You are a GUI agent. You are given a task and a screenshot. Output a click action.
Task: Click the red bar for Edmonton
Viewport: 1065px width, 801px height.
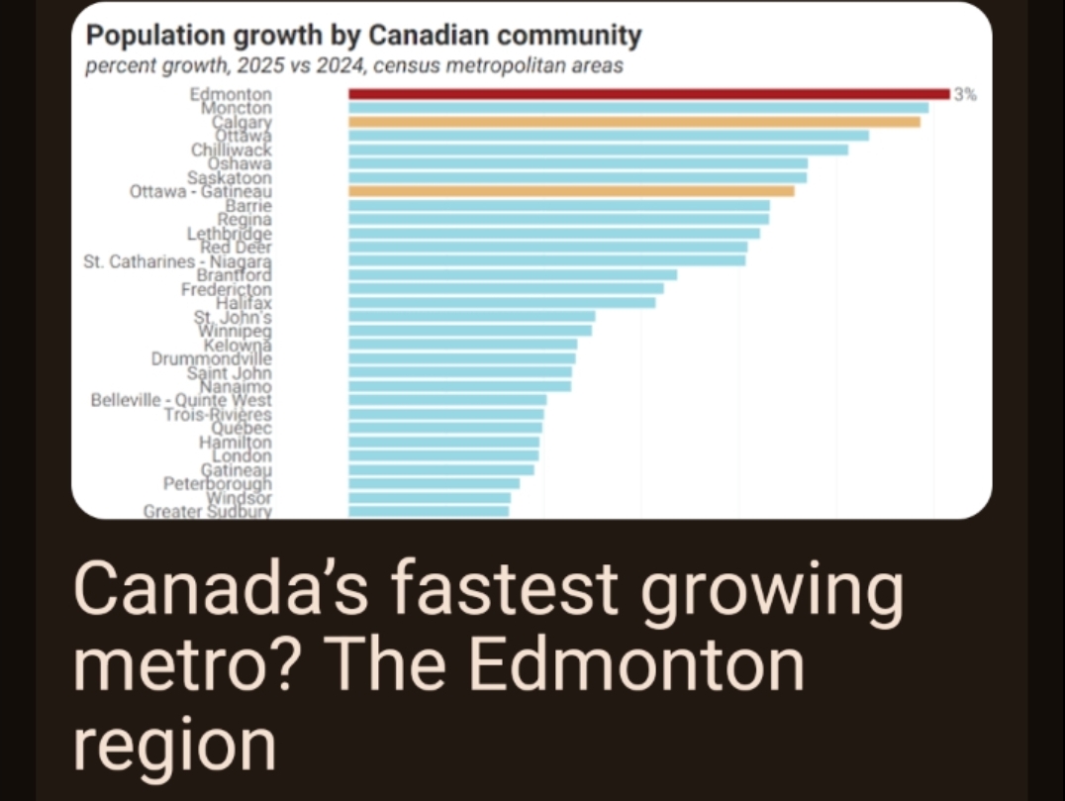point(648,94)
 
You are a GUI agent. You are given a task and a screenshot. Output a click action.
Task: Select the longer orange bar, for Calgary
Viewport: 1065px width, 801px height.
point(633,122)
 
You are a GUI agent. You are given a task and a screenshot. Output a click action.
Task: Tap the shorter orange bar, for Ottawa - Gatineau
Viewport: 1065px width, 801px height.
point(571,191)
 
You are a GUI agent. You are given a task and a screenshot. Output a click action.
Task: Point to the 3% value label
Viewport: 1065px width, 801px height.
point(965,95)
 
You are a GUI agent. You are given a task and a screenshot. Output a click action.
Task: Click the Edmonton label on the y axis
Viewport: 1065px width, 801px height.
point(231,94)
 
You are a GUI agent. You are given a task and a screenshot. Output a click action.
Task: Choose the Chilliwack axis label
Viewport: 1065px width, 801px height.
point(232,150)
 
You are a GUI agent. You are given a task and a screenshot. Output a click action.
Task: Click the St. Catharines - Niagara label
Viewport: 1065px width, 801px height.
point(178,262)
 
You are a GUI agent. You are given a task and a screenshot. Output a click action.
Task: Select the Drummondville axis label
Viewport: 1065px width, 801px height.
point(211,359)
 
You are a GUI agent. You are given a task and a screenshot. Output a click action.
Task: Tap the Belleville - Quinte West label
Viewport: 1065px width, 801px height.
point(180,401)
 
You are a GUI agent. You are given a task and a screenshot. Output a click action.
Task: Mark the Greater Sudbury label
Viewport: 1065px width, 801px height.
point(207,512)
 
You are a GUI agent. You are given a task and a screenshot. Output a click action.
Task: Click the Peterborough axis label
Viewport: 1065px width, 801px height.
point(218,484)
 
